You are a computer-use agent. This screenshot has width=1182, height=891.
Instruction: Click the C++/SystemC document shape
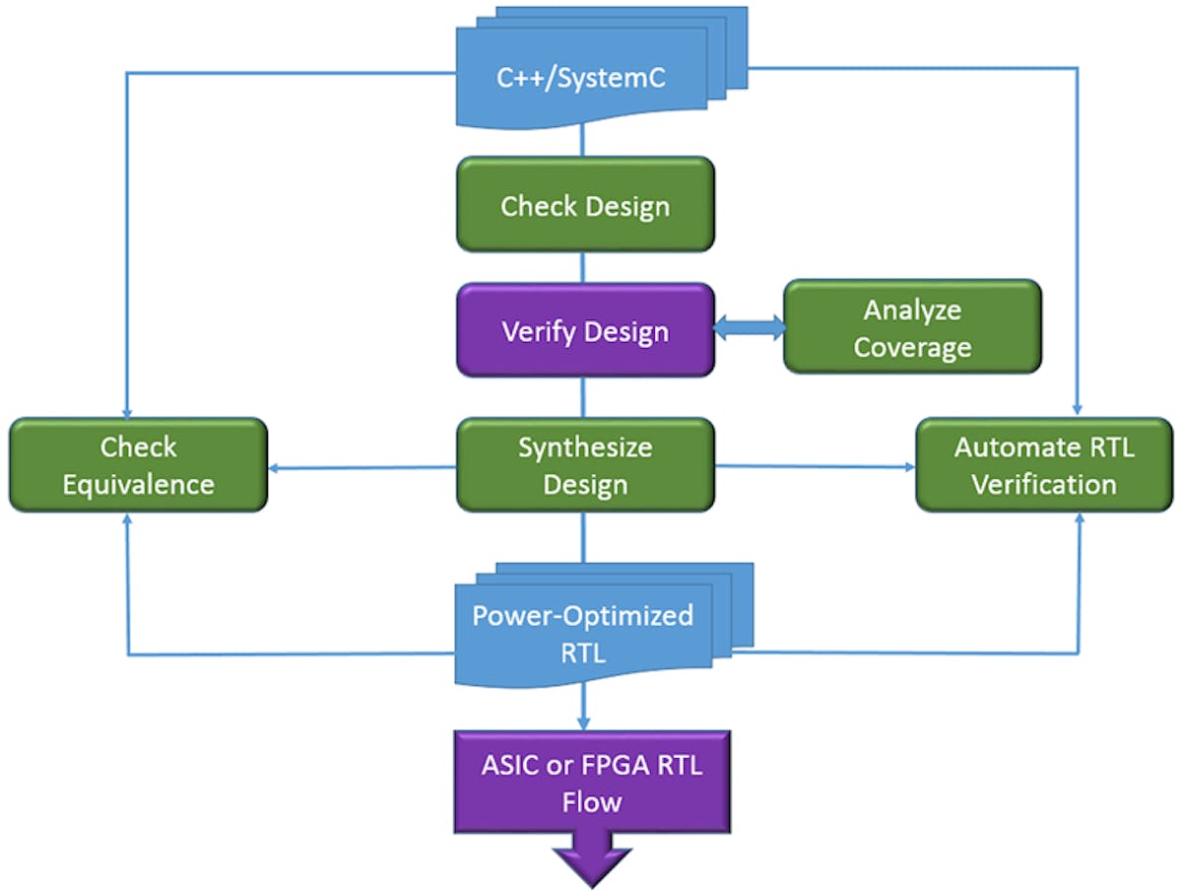click(581, 77)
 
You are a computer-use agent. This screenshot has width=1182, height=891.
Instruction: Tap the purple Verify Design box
click(585, 330)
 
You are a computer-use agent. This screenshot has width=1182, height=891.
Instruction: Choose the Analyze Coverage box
click(912, 327)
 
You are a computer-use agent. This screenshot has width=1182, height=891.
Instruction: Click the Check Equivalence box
click(138, 465)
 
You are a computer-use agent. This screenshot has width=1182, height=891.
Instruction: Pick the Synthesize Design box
click(585, 465)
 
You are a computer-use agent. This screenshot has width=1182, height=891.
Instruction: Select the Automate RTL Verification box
click(1044, 465)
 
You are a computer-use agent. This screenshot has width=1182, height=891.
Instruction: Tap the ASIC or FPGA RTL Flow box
click(591, 782)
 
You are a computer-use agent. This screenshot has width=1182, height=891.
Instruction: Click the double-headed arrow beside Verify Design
click(749, 329)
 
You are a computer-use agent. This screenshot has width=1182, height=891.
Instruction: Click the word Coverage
click(912, 348)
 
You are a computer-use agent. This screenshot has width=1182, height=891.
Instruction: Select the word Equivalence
click(138, 485)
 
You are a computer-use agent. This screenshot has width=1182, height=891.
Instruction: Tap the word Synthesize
click(585, 447)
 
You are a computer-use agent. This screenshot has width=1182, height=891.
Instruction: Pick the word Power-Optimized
click(583, 616)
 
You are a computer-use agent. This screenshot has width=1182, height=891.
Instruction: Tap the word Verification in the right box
click(1044, 485)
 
